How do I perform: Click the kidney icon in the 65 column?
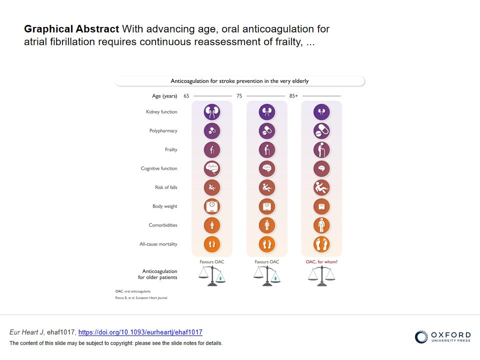point(212,111)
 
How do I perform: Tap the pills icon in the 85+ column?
point(321,130)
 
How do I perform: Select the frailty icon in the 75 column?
point(267,149)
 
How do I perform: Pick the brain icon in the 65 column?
point(212,168)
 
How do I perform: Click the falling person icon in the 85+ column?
point(321,187)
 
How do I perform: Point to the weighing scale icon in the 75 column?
point(267,206)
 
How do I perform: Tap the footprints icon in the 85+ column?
point(321,244)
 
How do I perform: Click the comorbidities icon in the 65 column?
point(212,225)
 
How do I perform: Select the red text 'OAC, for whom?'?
point(321,261)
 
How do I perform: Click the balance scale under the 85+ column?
point(321,276)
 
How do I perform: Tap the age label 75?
point(239,96)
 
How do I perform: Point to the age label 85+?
point(293,96)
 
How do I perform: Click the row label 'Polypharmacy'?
point(163,130)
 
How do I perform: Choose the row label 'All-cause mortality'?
point(158,244)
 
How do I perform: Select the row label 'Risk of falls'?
point(166,187)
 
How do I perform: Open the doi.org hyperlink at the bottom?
point(140,332)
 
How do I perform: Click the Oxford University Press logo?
point(442,336)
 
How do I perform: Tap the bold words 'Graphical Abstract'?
point(71,29)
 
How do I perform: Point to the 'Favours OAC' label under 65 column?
point(212,261)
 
